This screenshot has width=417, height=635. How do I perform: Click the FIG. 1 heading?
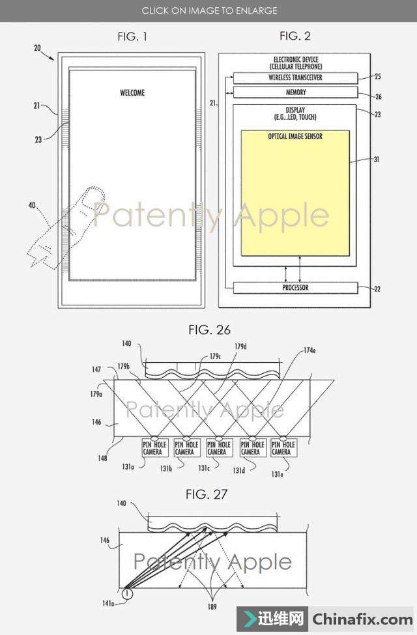click(x=132, y=36)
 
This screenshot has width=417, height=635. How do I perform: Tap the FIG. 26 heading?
click(x=209, y=330)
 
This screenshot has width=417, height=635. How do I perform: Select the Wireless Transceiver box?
click(x=295, y=78)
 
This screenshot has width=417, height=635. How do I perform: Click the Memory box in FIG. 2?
click(x=295, y=92)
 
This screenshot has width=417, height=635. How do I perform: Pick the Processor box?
click(x=295, y=287)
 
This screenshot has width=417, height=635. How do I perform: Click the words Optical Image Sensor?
click(x=295, y=137)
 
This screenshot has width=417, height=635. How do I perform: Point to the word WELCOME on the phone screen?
click(x=132, y=92)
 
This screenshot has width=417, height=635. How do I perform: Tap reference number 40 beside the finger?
click(x=32, y=205)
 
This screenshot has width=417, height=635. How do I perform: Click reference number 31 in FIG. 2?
click(x=377, y=160)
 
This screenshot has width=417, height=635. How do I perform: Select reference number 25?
click(x=377, y=77)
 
